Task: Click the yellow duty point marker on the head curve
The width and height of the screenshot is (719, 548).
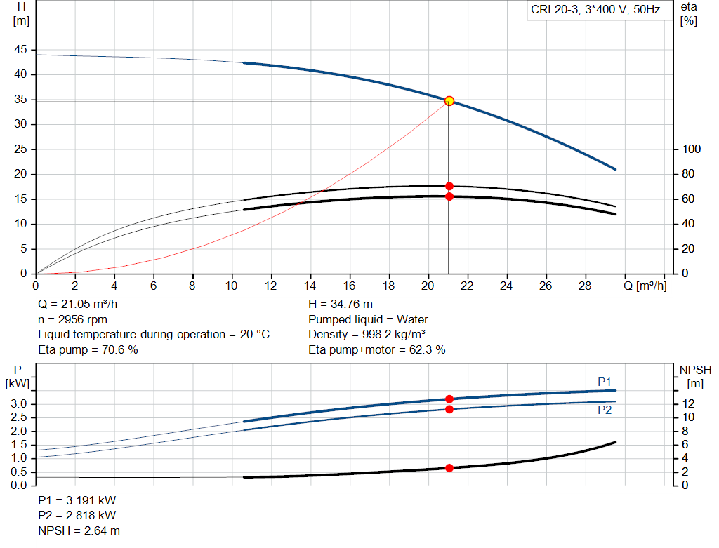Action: (x=449, y=101)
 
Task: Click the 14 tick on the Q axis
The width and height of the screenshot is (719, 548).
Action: (x=310, y=286)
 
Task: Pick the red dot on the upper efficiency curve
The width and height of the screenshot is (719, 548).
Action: (x=449, y=187)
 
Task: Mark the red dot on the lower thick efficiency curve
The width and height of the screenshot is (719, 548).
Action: (x=449, y=196)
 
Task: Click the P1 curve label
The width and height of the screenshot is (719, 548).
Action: (x=605, y=381)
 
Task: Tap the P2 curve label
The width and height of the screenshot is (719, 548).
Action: (x=605, y=410)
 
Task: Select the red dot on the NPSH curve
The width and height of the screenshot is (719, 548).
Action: (x=449, y=468)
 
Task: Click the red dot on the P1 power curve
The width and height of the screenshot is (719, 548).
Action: (x=449, y=399)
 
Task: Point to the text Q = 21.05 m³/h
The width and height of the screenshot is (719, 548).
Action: (x=78, y=305)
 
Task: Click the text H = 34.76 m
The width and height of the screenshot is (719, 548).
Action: (x=341, y=305)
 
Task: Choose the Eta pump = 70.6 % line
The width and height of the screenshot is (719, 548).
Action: (x=88, y=349)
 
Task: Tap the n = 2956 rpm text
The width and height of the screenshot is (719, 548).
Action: (x=72, y=319)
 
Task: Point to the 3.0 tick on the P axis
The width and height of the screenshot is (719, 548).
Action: (x=19, y=404)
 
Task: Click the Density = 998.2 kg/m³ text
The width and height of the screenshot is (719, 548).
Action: (x=367, y=335)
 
